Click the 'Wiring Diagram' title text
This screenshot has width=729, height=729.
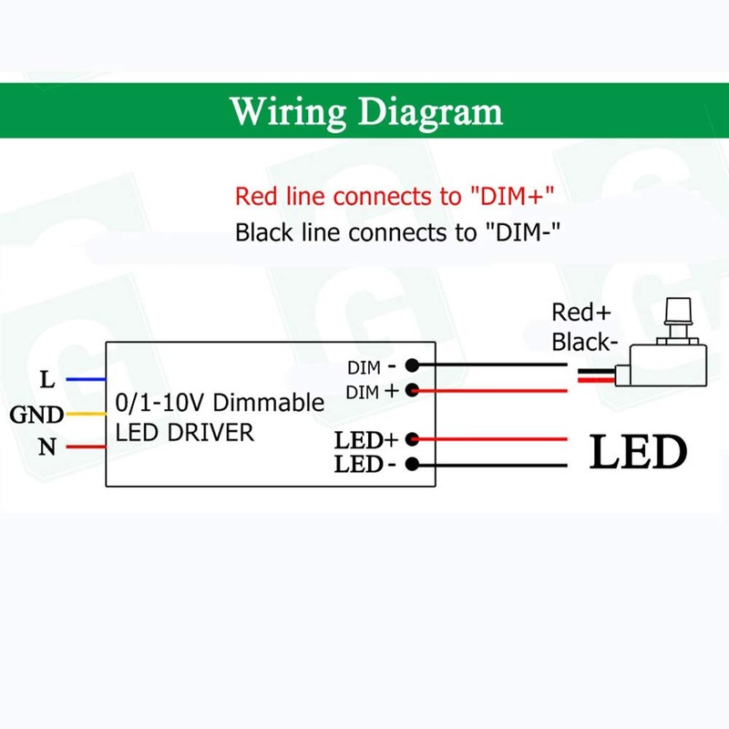tap(365, 111)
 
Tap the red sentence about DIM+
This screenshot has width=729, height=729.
tap(395, 196)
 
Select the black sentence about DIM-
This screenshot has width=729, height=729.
tap(396, 231)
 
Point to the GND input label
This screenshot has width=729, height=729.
tap(36, 416)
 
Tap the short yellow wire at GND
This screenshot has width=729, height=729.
tap(87, 416)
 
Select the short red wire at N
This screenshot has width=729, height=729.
tap(87, 447)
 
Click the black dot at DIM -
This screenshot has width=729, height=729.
tap(412, 365)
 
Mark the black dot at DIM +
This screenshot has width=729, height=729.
tap(412, 390)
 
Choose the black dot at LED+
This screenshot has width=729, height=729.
tap(412, 438)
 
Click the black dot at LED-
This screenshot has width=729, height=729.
tap(412, 464)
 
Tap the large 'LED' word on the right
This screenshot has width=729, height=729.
tap(638, 451)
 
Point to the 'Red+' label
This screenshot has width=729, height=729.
tap(580, 313)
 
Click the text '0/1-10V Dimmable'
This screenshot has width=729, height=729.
tap(220, 402)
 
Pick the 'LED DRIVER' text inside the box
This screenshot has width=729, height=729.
tap(185, 433)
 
